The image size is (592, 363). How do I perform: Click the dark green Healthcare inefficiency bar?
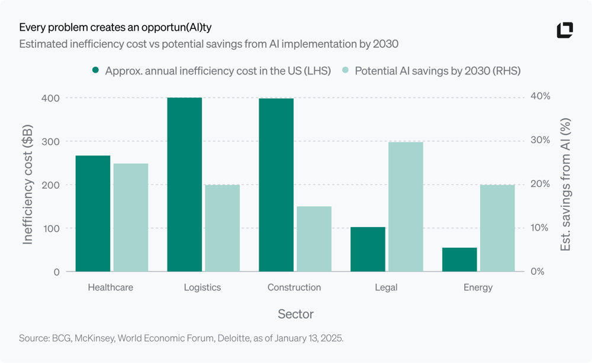pos(93,213)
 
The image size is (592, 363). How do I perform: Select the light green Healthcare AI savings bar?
pos(131,218)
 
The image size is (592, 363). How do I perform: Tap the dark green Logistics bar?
pos(185,184)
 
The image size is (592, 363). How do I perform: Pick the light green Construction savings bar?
pos(314,239)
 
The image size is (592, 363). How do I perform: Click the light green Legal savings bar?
pos(406,206)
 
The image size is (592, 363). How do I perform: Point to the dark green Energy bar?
pos(459,260)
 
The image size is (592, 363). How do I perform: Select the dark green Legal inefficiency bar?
pos(368,249)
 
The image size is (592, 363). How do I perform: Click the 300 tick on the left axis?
pos(50,142)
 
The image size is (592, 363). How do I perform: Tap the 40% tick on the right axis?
pos(540,96)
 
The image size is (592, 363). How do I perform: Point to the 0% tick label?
pos(538,271)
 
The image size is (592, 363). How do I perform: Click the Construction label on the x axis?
pos(294,287)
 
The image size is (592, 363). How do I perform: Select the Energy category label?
pos(478,287)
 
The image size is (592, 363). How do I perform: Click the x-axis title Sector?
pos(295,314)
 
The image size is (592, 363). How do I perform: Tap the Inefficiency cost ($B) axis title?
pos(28,184)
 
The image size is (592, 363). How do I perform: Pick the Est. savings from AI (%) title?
pos(565,184)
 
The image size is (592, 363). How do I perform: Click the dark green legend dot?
pos(95,70)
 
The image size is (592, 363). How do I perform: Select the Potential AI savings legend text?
pos(437,71)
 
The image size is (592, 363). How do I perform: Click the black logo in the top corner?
pos(565,30)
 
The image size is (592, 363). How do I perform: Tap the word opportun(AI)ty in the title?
pos(176,28)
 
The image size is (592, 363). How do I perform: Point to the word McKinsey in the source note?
pos(94,338)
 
